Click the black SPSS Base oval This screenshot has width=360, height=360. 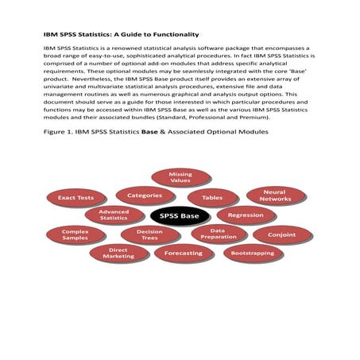click(x=180, y=216)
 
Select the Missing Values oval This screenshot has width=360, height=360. click(x=180, y=177)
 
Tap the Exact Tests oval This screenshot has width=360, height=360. click(x=76, y=196)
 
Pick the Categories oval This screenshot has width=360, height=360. click(x=145, y=194)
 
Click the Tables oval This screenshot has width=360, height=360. click(x=212, y=197)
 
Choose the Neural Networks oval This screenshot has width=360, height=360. click(x=276, y=195)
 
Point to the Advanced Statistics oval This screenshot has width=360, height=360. click(x=113, y=215)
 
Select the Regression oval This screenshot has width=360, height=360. click(x=246, y=215)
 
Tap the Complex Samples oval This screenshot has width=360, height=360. click(x=75, y=234)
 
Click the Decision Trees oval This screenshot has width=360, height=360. click(x=150, y=234)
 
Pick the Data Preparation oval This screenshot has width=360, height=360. click(x=219, y=234)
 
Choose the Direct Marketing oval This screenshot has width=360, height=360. click(x=119, y=254)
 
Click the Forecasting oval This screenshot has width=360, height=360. click(x=183, y=254)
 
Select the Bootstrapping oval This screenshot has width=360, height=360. click(x=253, y=254)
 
